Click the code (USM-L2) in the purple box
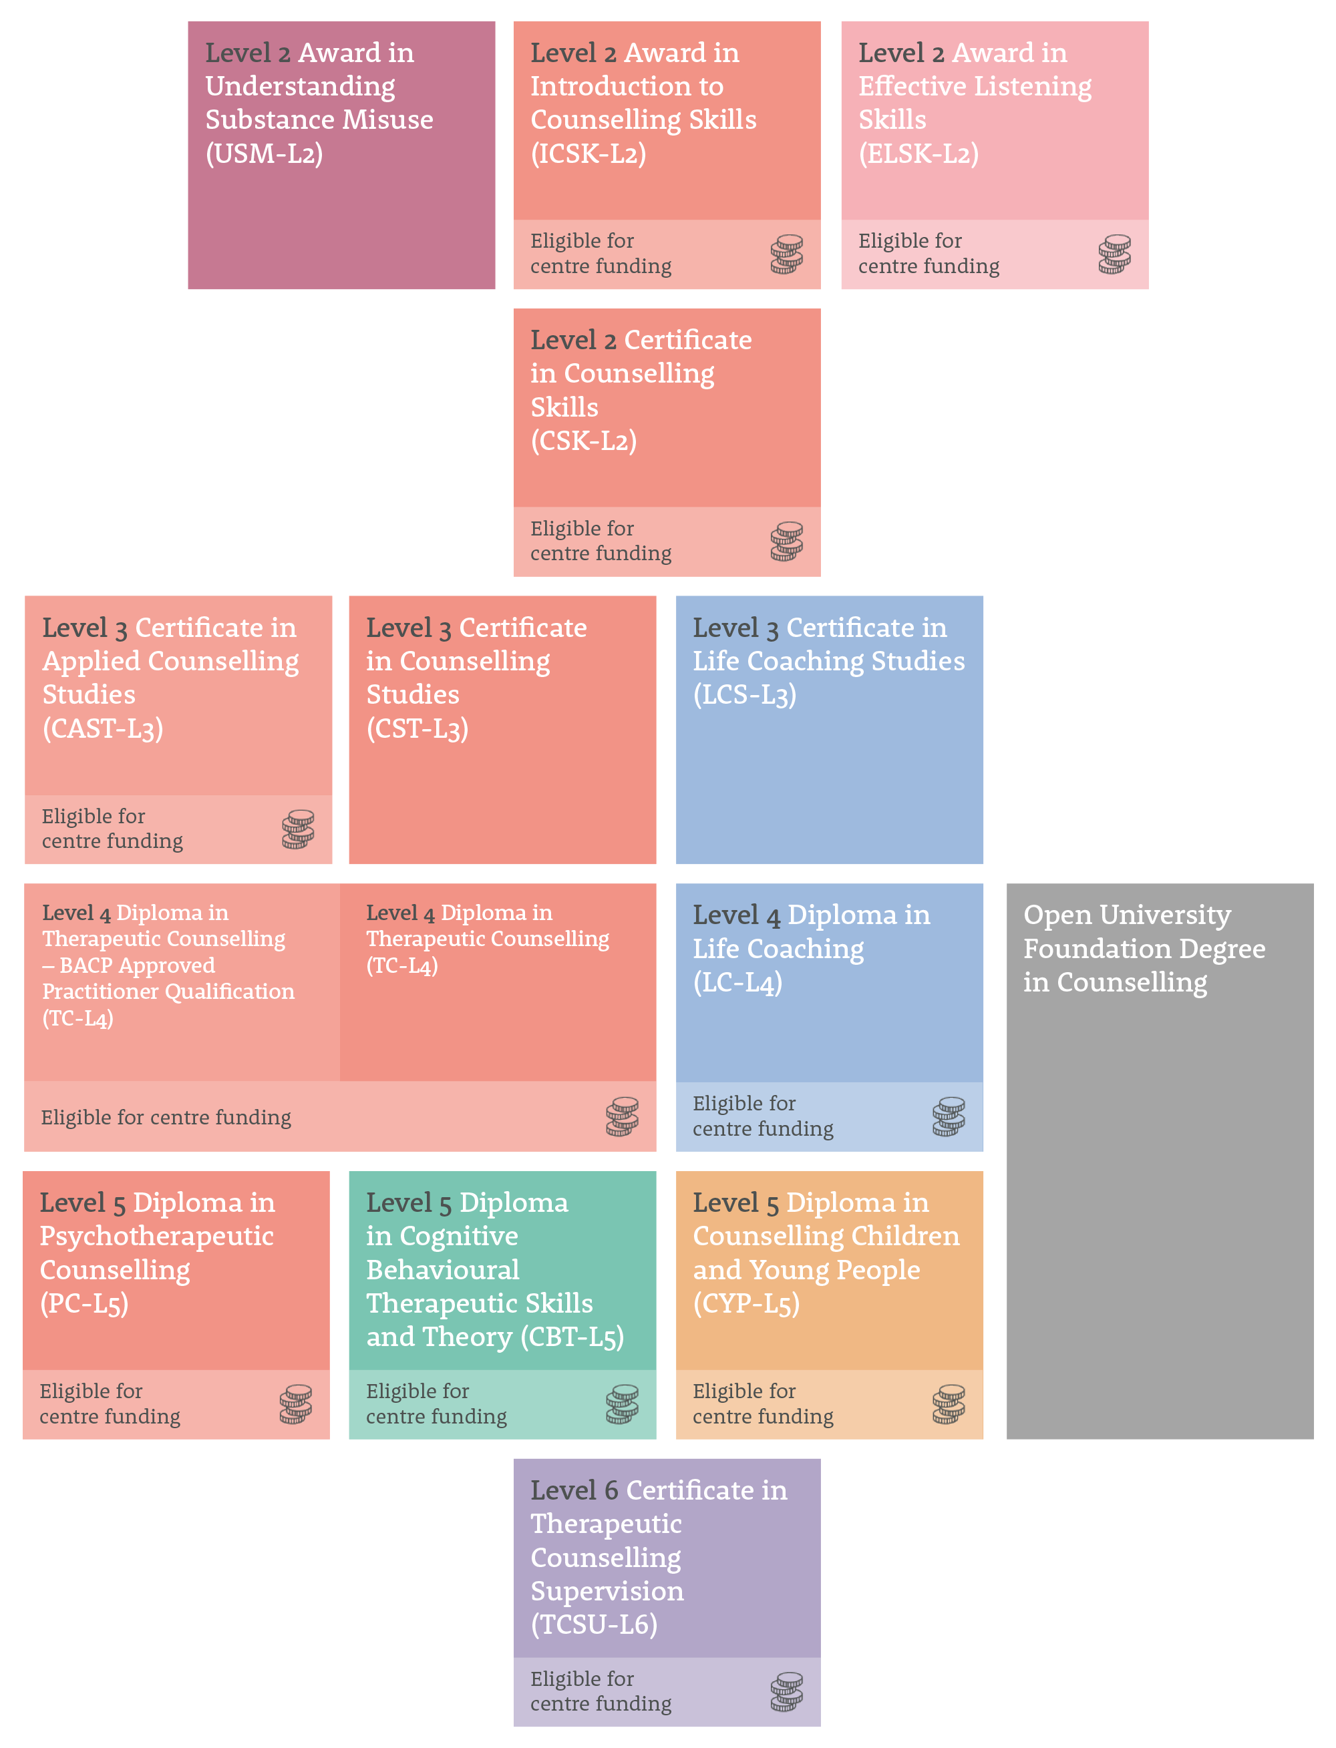click(x=264, y=154)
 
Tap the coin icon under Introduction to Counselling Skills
click(x=786, y=254)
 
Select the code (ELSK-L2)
click(x=918, y=154)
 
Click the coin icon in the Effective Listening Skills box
click(x=1114, y=254)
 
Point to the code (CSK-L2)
click(x=584, y=441)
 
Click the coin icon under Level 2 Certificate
click(x=786, y=541)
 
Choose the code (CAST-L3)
click(x=103, y=728)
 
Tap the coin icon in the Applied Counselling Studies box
click(x=298, y=829)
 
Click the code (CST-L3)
click(x=417, y=728)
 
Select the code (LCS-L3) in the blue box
click(x=744, y=695)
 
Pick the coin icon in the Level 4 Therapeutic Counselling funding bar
click(x=622, y=1117)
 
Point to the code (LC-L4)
click(x=737, y=983)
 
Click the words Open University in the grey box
click(x=1127, y=915)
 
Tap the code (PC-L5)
click(x=84, y=1303)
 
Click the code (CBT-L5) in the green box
click(x=572, y=1337)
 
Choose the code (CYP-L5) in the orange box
click(x=746, y=1303)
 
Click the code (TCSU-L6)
click(x=594, y=1624)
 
